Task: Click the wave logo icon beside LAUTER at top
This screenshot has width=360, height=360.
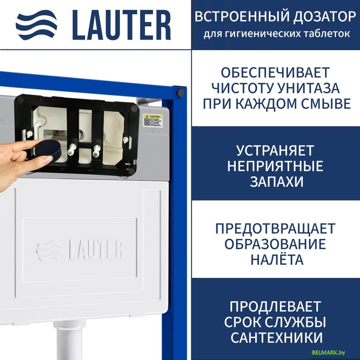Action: (37, 26)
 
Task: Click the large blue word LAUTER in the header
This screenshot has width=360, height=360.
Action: (121, 26)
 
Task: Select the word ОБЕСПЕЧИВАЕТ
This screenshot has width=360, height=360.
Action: (275, 73)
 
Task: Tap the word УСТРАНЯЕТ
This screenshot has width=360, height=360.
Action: (275, 151)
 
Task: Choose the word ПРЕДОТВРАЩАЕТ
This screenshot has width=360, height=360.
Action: (275, 228)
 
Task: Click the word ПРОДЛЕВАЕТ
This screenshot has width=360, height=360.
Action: (275, 307)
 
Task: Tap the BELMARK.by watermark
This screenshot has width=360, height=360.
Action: (329, 352)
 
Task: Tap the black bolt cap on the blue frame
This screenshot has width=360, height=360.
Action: (180, 93)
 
